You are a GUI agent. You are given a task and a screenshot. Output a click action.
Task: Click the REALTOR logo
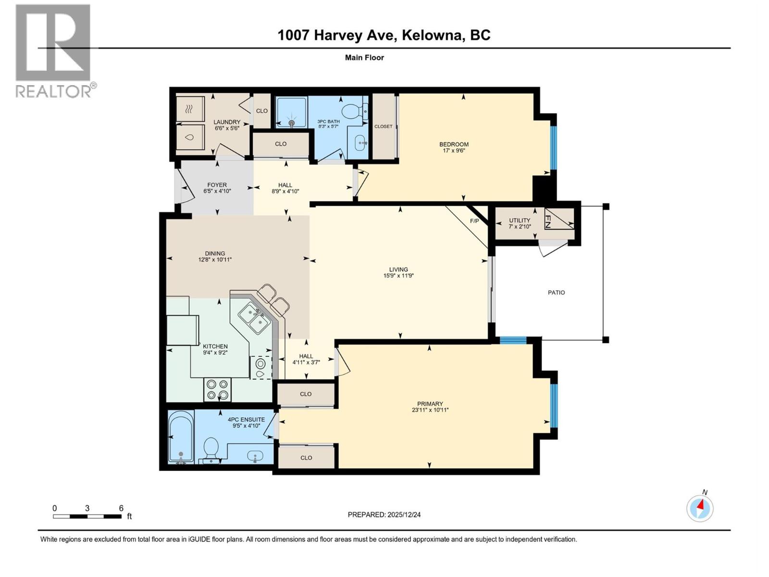point(53,50)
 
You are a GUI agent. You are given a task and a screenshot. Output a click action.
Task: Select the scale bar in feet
point(87,516)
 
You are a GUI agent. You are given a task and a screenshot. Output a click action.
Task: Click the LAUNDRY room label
point(227,122)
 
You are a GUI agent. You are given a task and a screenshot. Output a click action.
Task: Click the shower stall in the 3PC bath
point(291,113)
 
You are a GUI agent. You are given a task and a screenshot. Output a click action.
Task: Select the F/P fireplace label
point(474,221)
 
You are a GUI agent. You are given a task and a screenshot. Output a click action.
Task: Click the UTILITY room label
point(520,221)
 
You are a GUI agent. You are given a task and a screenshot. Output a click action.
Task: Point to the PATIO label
point(556,292)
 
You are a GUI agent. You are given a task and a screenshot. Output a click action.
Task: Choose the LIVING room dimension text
point(398,276)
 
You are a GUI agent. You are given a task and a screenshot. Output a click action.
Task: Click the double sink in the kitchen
point(254,318)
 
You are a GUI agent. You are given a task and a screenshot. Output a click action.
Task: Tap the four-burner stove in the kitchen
point(217,390)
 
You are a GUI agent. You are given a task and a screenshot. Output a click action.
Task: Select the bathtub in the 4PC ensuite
point(181,437)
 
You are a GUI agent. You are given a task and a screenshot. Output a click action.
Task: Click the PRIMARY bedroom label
point(430,404)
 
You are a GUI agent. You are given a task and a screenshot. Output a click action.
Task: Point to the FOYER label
point(217,185)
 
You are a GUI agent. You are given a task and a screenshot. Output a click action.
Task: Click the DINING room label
point(215,253)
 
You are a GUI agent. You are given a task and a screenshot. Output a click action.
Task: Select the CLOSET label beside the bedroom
point(383,126)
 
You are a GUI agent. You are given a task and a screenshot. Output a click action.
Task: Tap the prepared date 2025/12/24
point(384,514)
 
